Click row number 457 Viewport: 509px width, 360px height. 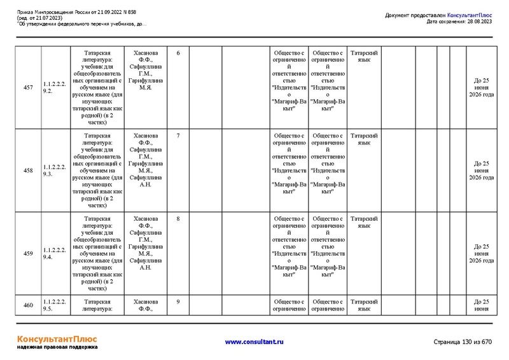[28, 87]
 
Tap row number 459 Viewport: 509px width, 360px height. [28, 254]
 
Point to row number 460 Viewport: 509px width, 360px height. [28, 305]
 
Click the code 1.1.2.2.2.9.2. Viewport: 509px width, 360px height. [54, 87]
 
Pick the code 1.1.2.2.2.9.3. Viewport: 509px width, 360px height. [54, 170]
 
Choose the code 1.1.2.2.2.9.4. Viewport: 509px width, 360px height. [54, 254]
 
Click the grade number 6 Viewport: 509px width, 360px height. [178, 53]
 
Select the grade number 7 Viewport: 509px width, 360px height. [178, 136]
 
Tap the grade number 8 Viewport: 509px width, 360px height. [178, 219]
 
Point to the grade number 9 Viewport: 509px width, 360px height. [178, 301]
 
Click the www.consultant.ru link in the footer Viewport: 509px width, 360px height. [254, 342]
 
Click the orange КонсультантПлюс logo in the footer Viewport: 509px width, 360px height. [57, 339]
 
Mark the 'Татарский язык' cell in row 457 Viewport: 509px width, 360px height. [364, 56]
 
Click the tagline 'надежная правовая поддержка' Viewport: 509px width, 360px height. [57, 348]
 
